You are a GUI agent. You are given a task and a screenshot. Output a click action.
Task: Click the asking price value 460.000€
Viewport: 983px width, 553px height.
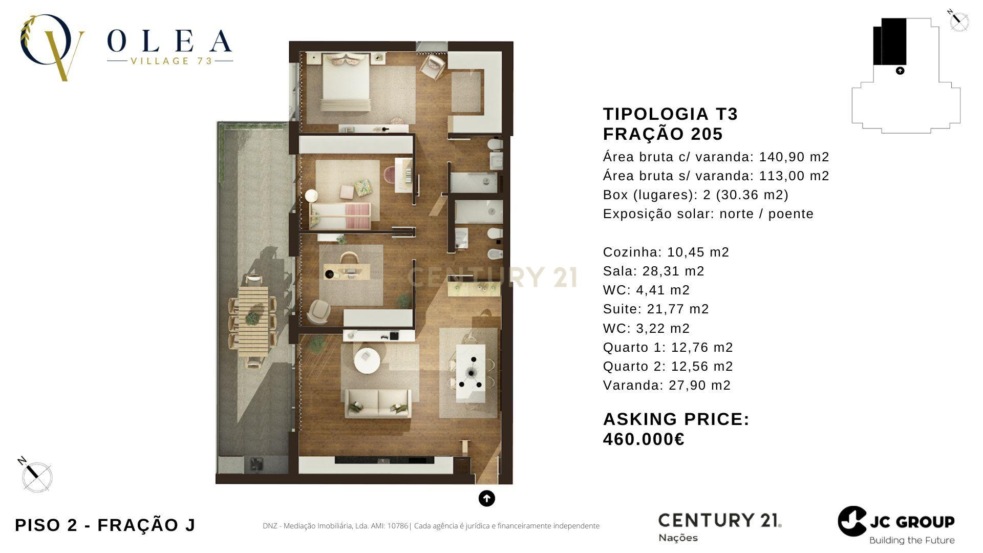(644, 439)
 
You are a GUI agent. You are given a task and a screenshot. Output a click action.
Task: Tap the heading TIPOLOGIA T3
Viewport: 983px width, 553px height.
(670, 114)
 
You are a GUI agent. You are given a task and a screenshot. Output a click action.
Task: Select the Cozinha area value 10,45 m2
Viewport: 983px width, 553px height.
(698, 252)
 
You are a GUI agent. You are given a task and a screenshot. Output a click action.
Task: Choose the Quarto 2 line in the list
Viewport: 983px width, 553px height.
(668, 366)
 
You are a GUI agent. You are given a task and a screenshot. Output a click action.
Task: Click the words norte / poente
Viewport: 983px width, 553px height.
(766, 214)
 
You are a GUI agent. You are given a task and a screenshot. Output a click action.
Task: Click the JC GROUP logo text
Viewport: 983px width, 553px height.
(912, 522)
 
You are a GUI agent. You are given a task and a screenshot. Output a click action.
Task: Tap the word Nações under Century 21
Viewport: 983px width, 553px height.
(678, 538)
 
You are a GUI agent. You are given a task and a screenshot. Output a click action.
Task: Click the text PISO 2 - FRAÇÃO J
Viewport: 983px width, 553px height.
(105, 525)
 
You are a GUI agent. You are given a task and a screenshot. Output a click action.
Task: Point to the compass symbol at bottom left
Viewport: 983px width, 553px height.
(36, 475)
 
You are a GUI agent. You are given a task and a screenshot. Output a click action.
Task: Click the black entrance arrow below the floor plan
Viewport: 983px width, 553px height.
(486, 498)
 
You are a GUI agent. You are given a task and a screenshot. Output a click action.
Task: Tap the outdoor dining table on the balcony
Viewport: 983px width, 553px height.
(253, 320)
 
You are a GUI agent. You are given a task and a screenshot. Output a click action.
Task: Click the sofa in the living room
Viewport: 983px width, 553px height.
(378, 402)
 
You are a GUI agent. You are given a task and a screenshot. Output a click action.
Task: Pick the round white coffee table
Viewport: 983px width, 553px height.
(368, 361)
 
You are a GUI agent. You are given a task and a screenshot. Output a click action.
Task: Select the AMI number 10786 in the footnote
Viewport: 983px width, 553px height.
(398, 526)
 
